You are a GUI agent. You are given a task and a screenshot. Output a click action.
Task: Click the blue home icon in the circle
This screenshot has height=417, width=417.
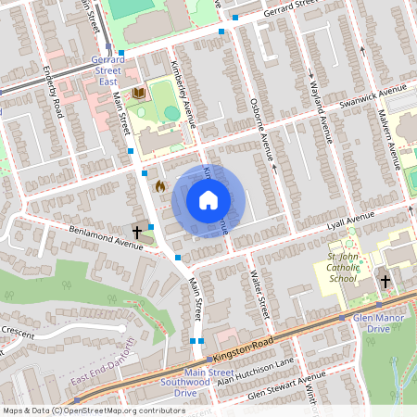point(208,199)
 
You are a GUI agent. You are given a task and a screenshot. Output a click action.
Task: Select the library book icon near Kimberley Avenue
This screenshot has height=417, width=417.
point(139,94)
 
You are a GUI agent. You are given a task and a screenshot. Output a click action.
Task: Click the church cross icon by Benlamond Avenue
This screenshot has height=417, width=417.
point(138,231)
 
